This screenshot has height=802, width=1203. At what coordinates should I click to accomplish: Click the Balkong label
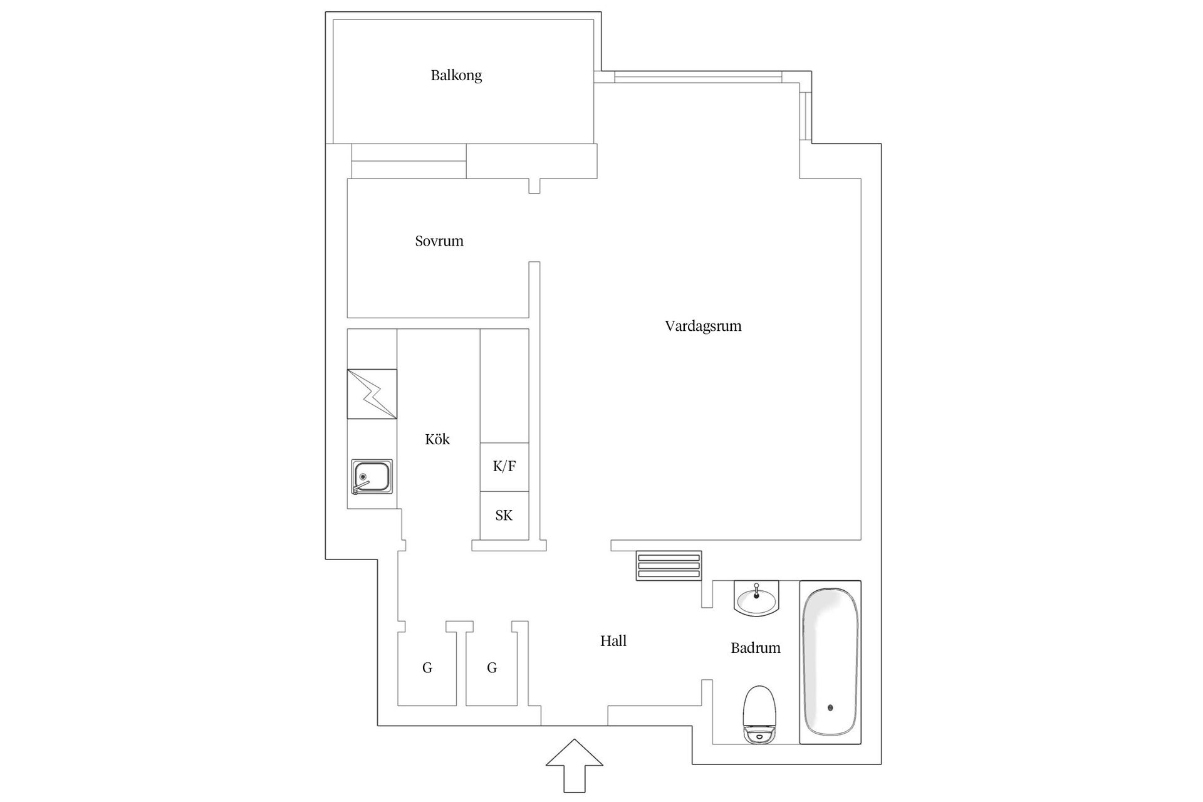[x=456, y=76]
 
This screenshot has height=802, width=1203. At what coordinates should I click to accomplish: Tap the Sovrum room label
[x=439, y=241]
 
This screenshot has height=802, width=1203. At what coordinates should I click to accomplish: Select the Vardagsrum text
[x=703, y=326]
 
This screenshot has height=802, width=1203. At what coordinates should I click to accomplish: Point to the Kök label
[x=437, y=439]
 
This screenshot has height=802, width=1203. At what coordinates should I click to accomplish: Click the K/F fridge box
[x=504, y=467]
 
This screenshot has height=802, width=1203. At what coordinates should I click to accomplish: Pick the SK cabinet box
[x=504, y=516]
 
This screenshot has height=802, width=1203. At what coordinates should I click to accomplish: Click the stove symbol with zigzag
[x=372, y=394]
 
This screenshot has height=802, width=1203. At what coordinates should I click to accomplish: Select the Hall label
[x=613, y=641]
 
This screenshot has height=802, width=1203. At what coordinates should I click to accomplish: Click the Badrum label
[x=756, y=648]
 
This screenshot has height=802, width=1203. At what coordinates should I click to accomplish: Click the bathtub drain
[x=831, y=708]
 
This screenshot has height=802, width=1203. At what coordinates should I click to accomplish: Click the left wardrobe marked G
[x=427, y=668]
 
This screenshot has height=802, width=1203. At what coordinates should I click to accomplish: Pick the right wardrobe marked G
[x=492, y=668]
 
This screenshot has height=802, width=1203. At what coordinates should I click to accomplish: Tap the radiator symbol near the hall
[x=669, y=566]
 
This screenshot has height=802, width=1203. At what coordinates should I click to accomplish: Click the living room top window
[x=699, y=77]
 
